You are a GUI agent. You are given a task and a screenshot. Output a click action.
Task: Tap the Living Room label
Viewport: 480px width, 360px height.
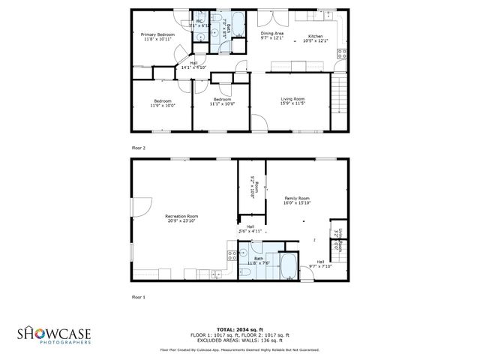[292, 99]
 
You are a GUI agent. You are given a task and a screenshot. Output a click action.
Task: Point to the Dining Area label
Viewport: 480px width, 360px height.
[271, 34]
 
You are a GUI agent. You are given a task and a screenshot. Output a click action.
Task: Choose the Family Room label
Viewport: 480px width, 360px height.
[297, 198]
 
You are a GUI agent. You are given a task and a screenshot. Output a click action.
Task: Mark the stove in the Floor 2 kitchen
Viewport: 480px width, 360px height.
[342, 53]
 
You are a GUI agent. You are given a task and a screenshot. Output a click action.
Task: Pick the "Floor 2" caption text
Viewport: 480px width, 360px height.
[139, 148]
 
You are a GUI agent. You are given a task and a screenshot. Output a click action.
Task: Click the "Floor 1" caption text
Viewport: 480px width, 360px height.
[139, 297]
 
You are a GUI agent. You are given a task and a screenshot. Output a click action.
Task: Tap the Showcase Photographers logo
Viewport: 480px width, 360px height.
[55, 334]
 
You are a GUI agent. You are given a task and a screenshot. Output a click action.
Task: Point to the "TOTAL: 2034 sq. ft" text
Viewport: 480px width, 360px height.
[239, 329]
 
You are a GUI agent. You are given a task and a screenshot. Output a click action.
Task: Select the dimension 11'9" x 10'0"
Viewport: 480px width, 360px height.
[162, 105]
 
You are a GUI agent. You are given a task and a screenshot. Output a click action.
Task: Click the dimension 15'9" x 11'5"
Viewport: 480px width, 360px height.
[292, 103]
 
